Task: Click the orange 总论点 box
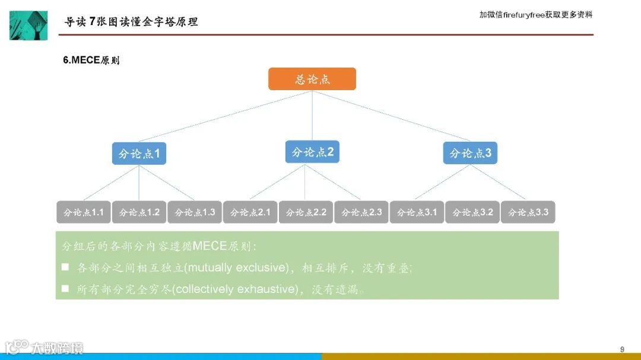pyautogui.click(x=312, y=79)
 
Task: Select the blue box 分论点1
pyautogui.click(x=139, y=154)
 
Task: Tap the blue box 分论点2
pyautogui.click(x=312, y=152)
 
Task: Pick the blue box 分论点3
pyautogui.click(x=470, y=153)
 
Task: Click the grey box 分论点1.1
pyautogui.click(x=84, y=212)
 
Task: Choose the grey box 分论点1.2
pyautogui.click(x=139, y=212)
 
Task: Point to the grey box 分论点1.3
pyautogui.click(x=195, y=212)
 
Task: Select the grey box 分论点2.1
pyautogui.click(x=250, y=212)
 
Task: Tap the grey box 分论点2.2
pyautogui.click(x=306, y=212)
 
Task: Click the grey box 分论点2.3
pyautogui.click(x=361, y=212)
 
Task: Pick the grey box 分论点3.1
pyautogui.click(x=417, y=212)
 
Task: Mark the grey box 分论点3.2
pyautogui.click(x=472, y=212)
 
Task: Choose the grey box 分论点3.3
pyautogui.click(x=528, y=212)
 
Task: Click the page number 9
pyautogui.click(x=622, y=349)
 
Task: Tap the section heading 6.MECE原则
pyautogui.click(x=91, y=60)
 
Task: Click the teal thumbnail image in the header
pyautogui.click(x=28, y=25)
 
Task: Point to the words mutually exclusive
pyautogui.click(x=236, y=267)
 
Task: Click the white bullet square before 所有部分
pyautogui.click(x=65, y=289)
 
